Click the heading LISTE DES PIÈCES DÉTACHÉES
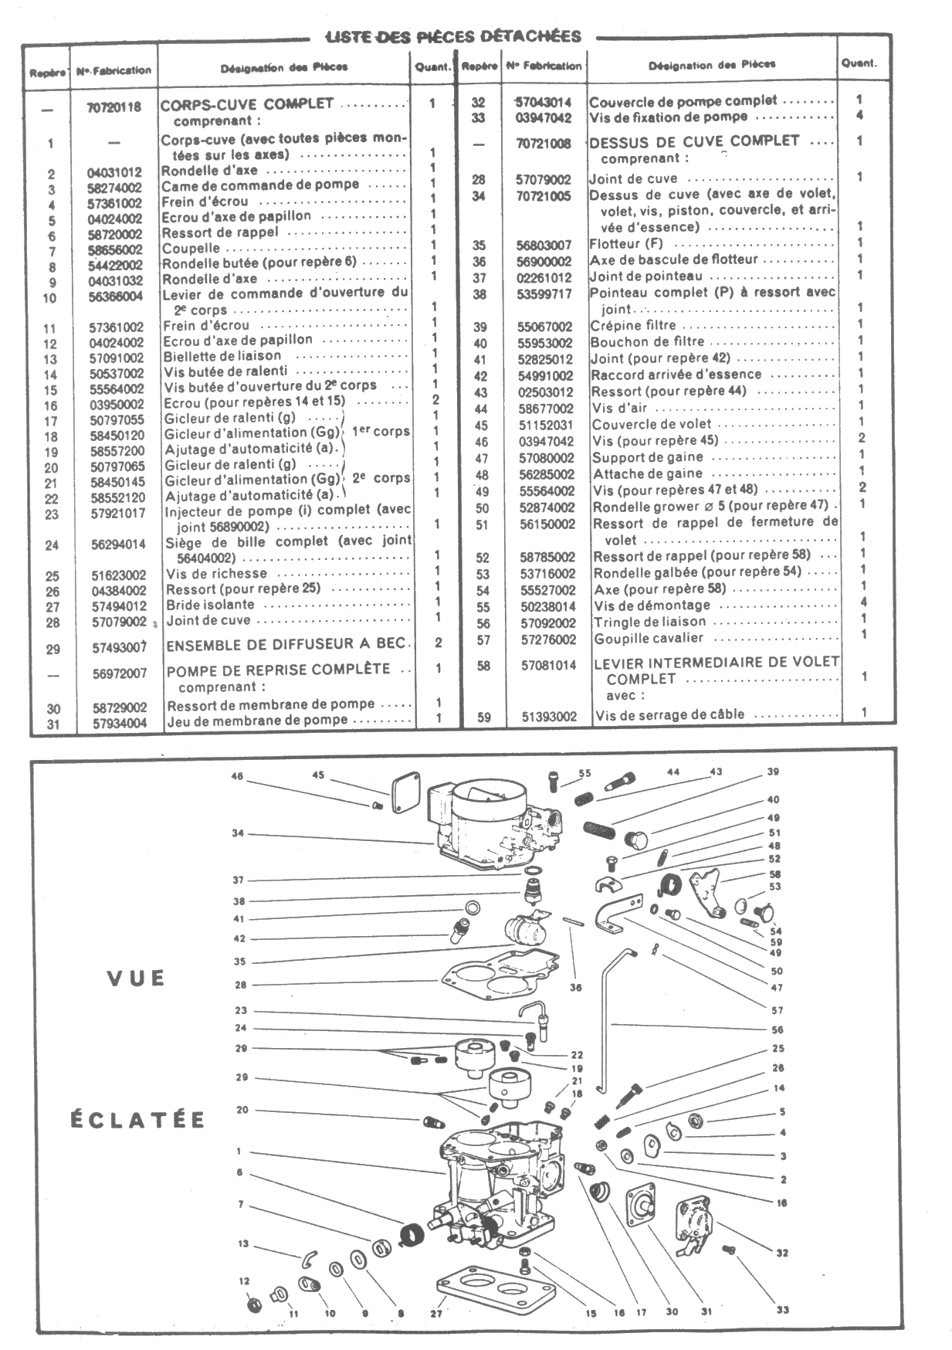454,36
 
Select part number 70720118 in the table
114,107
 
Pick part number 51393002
548,716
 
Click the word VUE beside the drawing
136,979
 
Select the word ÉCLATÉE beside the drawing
137,1120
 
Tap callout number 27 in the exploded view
435,1313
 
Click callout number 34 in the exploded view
238,833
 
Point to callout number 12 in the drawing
245,1281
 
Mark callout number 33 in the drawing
783,1309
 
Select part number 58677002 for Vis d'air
546,409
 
